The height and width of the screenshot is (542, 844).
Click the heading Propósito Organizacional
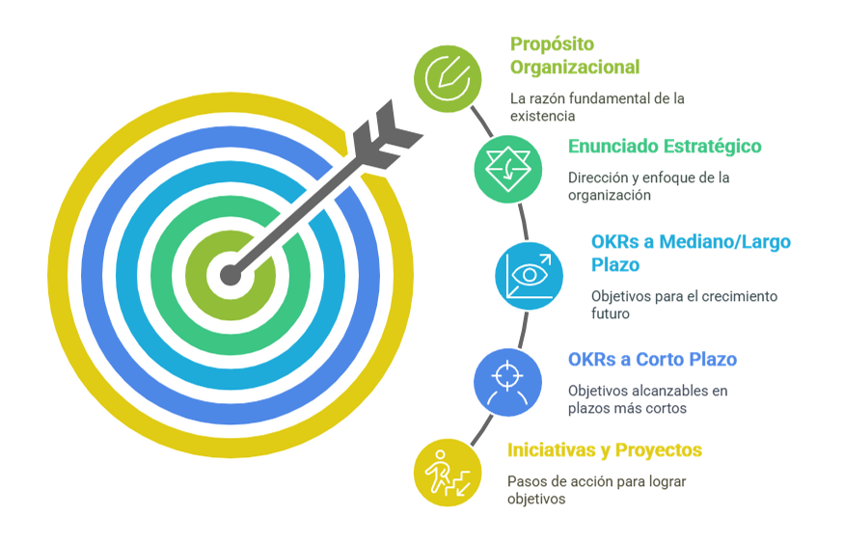(574, 55)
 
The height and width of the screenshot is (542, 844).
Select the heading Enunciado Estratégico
(665, 147)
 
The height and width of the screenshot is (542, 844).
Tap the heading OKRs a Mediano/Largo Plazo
(691, 254)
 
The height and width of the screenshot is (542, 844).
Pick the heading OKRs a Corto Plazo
(652, 359)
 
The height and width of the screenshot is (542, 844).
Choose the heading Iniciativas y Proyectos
(605, 450)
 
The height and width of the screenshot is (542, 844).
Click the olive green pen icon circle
(448, 79)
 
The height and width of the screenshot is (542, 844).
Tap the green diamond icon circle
(507, 169)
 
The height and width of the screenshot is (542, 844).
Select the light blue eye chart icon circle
(530, 276)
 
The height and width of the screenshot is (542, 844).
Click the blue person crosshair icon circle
(507, 382)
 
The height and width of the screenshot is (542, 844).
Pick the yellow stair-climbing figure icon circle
(448, 473)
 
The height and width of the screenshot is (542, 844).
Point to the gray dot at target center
(231, 275)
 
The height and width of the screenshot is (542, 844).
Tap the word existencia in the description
(542, 116)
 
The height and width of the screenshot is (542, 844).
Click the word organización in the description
(610, 195)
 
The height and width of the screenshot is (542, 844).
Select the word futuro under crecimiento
(610, 313)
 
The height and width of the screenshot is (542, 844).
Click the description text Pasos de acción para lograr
(596, 481)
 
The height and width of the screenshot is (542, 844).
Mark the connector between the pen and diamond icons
(481, 122)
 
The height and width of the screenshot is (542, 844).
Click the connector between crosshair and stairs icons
(481, 430)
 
